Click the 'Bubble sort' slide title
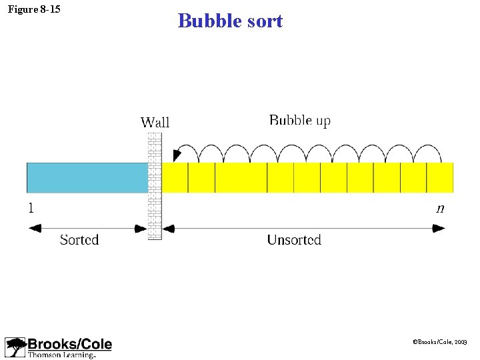point(230,21)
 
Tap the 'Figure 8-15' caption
point(34,9)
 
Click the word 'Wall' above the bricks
point(155,122)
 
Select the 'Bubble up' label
point(299,121)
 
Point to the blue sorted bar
point(87,178)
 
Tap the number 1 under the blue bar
point(31,208)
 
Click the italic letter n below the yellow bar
point(440,209)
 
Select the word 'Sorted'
point(79,239)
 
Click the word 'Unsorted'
point(294,239)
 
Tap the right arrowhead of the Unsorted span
point(439,228)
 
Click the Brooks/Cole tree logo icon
point(15,347)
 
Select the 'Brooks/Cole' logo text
point(70,344)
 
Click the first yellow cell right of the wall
point(175,178)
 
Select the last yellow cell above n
point(440,178)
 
